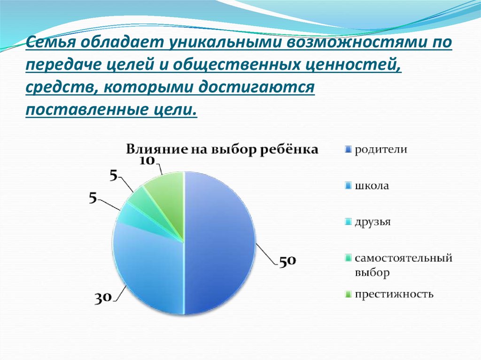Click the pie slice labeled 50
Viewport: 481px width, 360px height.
click(x=218, y=244)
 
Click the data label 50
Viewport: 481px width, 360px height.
click(x=287, y=261)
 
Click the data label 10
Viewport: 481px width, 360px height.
click(x=147, y=161)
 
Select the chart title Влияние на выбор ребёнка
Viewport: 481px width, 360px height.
click(x=222, y=150)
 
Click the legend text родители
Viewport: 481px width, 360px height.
click(x=380, y=150)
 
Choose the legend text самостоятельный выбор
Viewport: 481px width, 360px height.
click(x=403, y=265)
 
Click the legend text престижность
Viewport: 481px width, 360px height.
click(x=394, y=294)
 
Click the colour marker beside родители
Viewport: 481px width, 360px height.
click(x=348, y=150)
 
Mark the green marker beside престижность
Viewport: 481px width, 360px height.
click(x=348, y=295)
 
